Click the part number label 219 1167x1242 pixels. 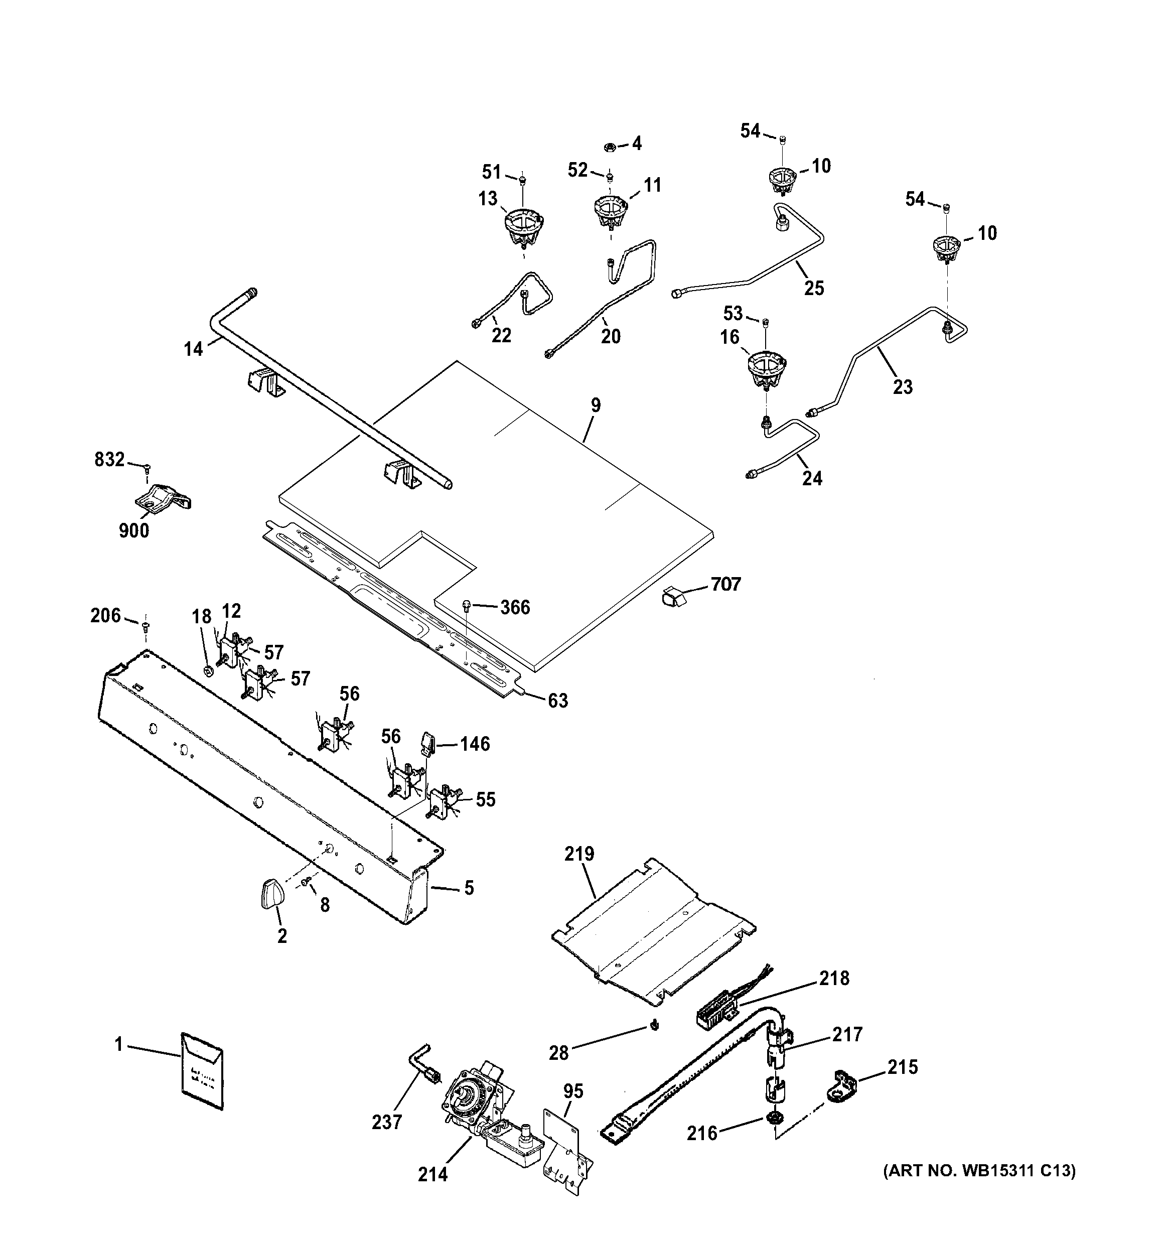coord(579,854)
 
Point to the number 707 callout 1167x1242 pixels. coord(725,584)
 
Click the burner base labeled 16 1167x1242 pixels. coord(767,370)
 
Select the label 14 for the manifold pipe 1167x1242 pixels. coord(194,349)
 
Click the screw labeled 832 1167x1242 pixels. coord(148,466)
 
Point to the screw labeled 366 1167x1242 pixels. coord(467,604)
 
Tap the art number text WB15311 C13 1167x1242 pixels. coord(979,1170)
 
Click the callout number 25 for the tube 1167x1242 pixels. coord(814,288)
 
